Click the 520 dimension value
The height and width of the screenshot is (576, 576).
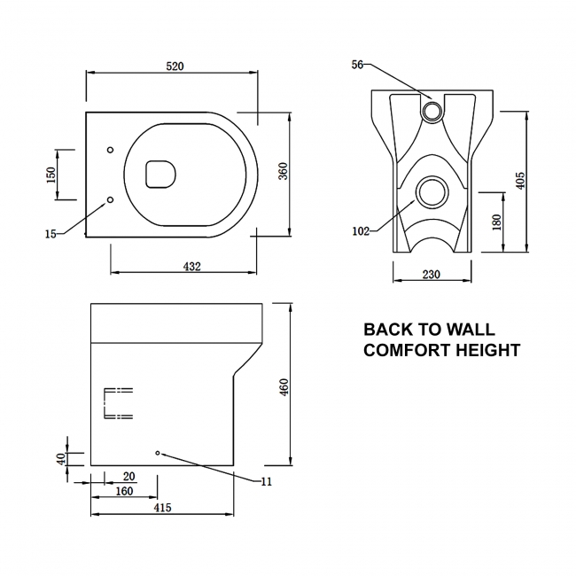click(175, 66)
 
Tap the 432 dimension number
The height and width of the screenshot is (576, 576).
click(192, 267)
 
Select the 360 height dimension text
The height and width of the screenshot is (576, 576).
click(284, 171)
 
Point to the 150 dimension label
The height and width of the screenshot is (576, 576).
click(51, 175)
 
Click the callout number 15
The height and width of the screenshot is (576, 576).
click(51, 234)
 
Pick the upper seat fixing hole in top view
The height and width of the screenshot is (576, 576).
click(110, 150)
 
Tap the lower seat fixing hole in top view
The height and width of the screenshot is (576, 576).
click(110, 199)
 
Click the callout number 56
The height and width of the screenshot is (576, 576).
click(357, 65)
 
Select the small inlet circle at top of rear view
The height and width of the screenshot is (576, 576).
click(432, 111)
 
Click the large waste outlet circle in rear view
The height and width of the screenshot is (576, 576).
click(432, 192)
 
